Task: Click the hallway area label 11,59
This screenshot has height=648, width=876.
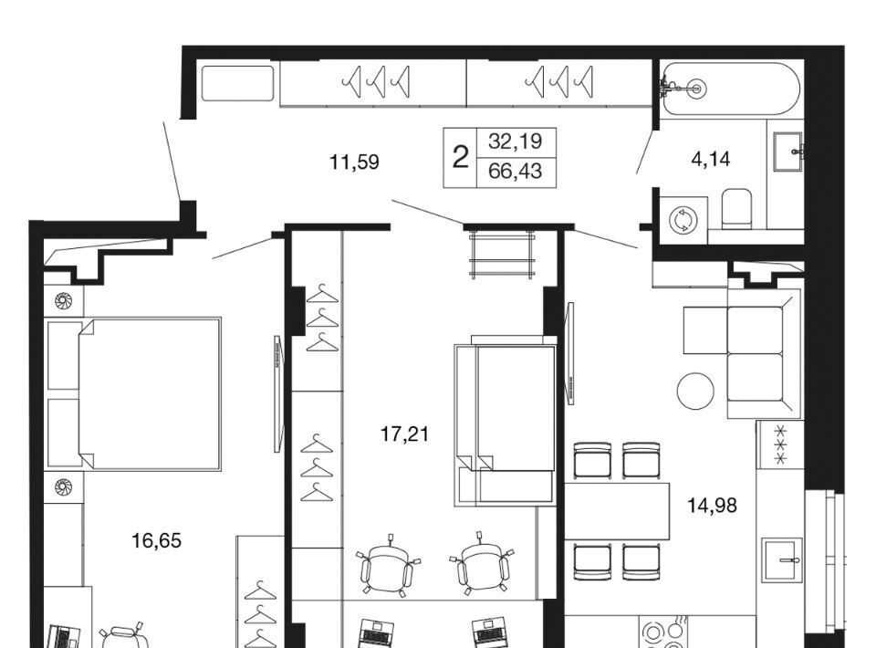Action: [x=354, y=162]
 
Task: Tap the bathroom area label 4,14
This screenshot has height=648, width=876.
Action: [x=710, y=160]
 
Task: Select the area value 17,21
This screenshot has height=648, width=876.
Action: [x=404, y=434]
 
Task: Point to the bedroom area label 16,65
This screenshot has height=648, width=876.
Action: [x=156, y=540]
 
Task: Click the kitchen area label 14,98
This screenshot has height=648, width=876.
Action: [x=712, y=506]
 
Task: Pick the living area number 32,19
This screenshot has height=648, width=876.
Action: [x=515, y=141]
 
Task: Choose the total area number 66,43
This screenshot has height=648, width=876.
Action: [x=515, y=171]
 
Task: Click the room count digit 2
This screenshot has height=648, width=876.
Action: [x=460, y=158]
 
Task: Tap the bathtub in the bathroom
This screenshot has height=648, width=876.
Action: [x=730, y=89]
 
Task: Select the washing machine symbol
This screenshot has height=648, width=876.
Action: [x=683, y=220]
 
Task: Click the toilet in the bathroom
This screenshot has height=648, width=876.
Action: [x=737, y=210]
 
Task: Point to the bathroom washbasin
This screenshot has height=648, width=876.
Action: [x=788, y=151]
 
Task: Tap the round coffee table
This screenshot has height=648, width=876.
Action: [x=695, y=391]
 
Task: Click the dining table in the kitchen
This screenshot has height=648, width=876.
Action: [x=617, y=512]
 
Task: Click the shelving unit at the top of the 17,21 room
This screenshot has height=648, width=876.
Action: [x=502, y=255]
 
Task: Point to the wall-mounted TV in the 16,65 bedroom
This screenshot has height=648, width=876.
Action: [x=277, y=393]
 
